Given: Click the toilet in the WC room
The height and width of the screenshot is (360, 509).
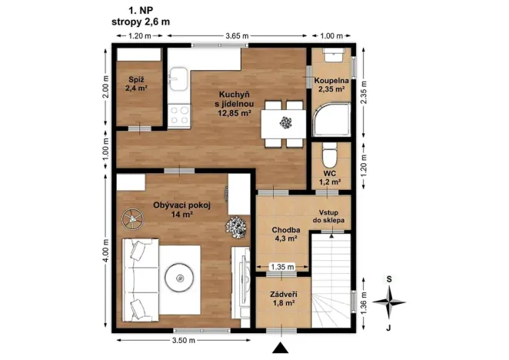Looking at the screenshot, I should point(330,158).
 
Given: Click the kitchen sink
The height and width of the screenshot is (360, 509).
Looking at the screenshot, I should point(179,79).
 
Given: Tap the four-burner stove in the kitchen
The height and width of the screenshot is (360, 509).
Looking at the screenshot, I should point(179,115).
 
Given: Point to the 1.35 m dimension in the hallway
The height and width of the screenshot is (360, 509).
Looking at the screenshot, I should point(284,267).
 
